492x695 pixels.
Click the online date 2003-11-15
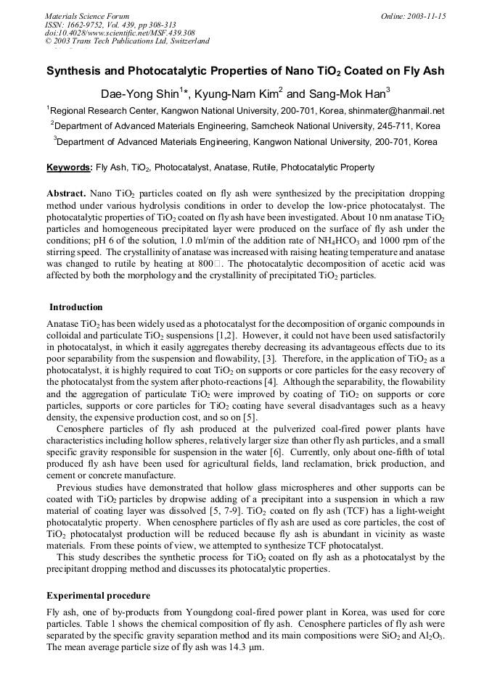[x=427, y=16]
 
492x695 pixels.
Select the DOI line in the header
[x=120, y=33]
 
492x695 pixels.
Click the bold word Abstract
[x=67, y=194]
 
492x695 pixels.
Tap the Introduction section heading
[x=76, y=307]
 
